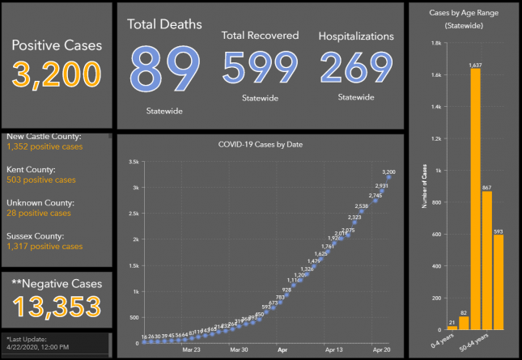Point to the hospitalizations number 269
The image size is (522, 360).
[x=355, y=68]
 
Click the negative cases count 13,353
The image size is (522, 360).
[x=57, y=307]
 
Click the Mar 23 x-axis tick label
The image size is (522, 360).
[x=192, y=351]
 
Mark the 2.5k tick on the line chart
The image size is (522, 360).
[x=135, y=214]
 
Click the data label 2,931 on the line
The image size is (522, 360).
[x=383, y=185]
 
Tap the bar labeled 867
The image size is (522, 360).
[x=486, y=260]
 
